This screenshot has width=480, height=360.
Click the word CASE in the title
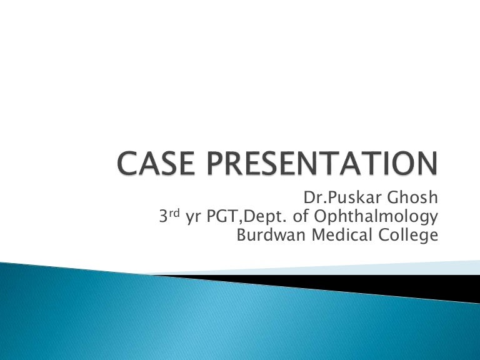pos(156,163)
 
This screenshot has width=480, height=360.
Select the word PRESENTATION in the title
pos(322,163)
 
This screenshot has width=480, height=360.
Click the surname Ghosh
pos(412,197)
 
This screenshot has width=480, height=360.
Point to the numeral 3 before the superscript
pos(164,216)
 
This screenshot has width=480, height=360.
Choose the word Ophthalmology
pos(376,217)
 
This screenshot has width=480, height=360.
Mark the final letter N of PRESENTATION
pos(427,163)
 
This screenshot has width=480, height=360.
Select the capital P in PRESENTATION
pos(216,163)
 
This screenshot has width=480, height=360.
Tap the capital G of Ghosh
pos(393,197)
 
